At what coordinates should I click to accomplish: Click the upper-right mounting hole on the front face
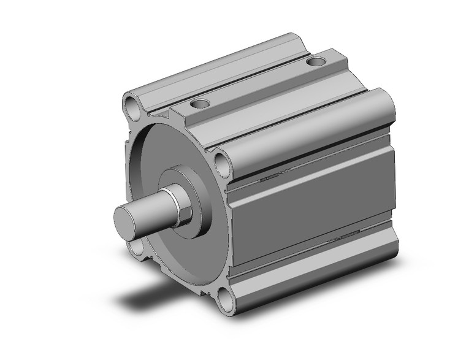(221, 163)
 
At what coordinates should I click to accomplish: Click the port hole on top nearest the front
(199, 104)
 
